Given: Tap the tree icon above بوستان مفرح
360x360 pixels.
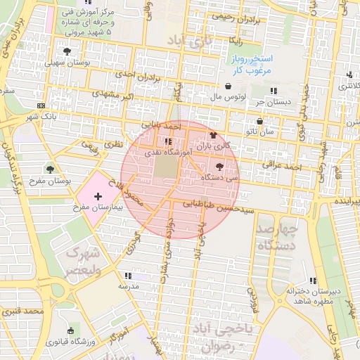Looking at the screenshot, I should (x=49, y=169).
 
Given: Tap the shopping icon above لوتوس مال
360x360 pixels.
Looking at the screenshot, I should (x=229, y=86).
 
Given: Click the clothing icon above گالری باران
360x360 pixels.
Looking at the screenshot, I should (x=213, y=134).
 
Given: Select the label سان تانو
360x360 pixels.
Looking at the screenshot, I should (x=259, y=131).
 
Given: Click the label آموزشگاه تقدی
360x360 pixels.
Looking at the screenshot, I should (x=162, y=152).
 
